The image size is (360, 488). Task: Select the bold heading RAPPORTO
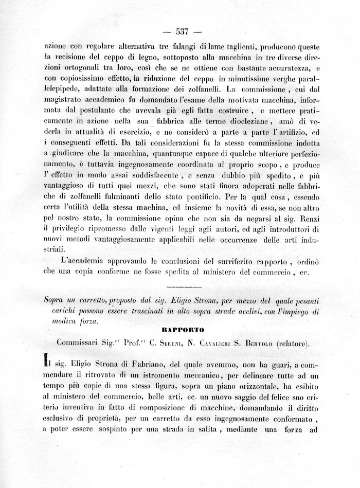(183, 329)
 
